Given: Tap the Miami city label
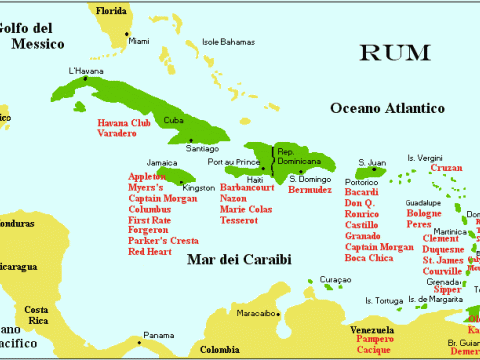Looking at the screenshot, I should click(138, 41).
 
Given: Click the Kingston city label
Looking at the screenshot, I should click(198, 187).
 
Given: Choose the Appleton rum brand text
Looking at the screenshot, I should click(148, 176).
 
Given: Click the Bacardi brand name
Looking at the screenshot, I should click(360, 190).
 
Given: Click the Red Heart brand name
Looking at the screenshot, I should click(150, 252).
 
